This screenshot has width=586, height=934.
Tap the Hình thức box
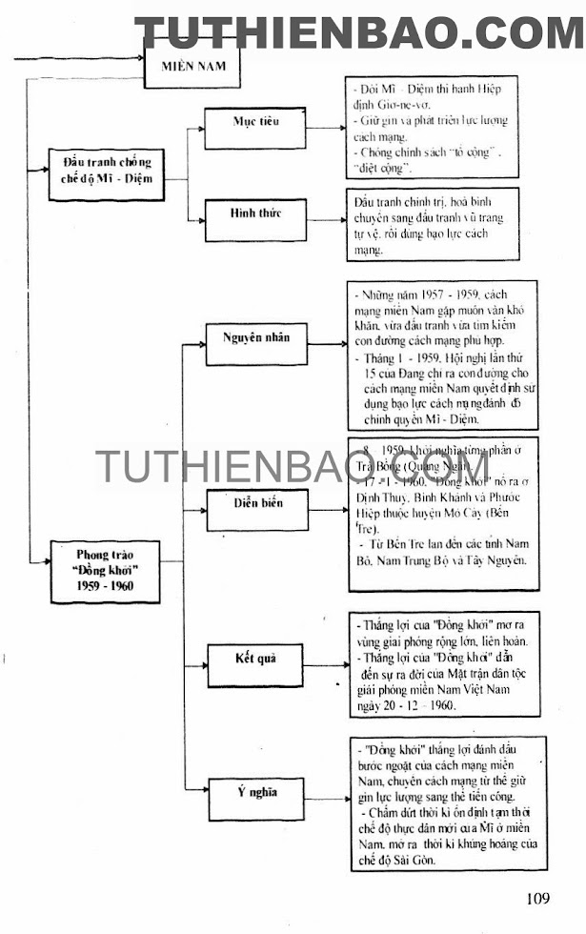coord(255,213)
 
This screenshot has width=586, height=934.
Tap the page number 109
coord(536,898)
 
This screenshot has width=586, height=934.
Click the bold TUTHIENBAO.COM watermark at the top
coord(359,33)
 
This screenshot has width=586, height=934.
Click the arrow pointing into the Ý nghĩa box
coord(198,792)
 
